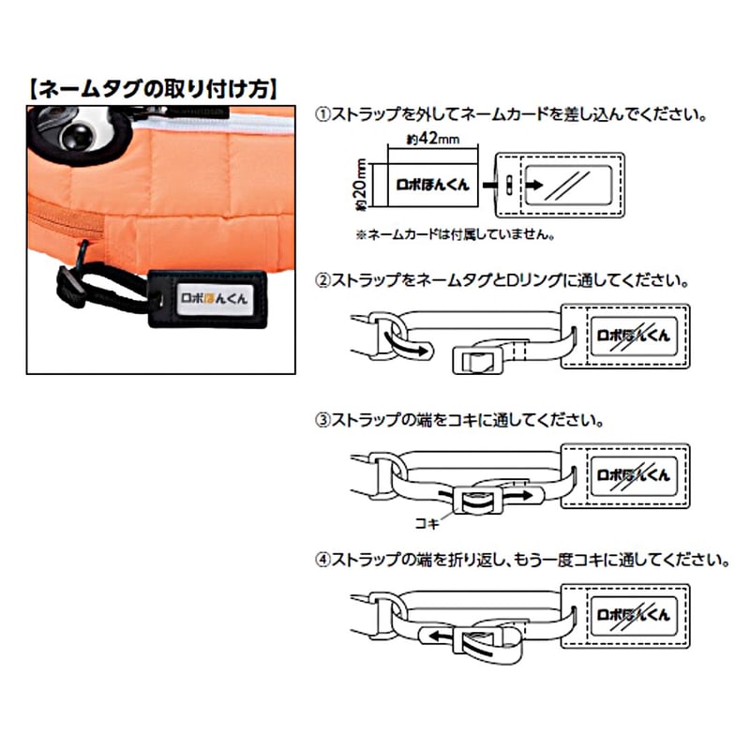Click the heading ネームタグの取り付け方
[x=151, y=90]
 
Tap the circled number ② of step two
[x=322, y=280]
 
